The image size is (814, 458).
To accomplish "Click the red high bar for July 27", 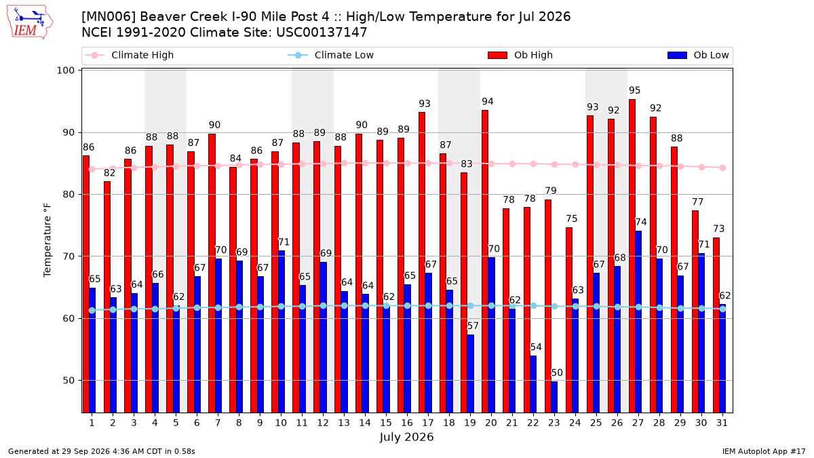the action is [632, 256].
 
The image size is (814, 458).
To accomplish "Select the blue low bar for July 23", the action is [554, 397].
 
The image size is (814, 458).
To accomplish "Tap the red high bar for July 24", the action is [569, 320].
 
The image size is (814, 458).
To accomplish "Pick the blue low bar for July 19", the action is [470, 374].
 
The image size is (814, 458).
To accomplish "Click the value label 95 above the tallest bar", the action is [634, 90].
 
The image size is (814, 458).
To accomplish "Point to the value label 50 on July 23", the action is [557, 373].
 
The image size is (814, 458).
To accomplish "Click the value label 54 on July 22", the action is [536, 347].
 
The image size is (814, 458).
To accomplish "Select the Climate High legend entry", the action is [130, 55].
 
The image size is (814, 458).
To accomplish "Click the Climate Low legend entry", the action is [331, 55].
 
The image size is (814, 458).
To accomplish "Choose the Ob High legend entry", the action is [520, 55].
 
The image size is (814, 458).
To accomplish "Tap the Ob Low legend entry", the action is [698, 55].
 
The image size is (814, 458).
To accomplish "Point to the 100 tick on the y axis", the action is [65, 70].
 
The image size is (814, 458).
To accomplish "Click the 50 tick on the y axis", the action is [69, 381].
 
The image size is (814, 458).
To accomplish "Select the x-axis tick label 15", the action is [386, 423].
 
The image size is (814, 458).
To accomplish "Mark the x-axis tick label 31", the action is [722, 423].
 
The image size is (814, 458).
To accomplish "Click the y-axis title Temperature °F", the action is [47, 240].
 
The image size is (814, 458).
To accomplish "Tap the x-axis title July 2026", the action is [406, 437].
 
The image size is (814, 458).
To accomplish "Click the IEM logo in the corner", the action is [29, 22].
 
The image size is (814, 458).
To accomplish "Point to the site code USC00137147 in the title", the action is [322, 33].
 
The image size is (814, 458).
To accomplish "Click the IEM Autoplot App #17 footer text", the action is [764, 451].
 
